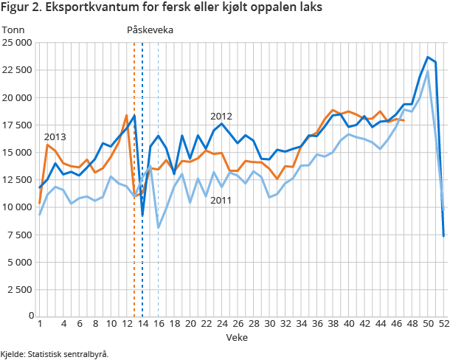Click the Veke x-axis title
[x=237, y=336]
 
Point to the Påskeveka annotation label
[x=150, y=30]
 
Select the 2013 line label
[x=55, y=136]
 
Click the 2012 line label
[x=221, y=116]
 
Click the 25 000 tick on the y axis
[x=17, y=43]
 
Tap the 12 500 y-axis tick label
[x=17, y=179]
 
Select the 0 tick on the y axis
[x=29, y=316]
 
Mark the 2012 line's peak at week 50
[x=428, y=57]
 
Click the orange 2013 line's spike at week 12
[x=127, y=115]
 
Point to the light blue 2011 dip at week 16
[x=159, y=227]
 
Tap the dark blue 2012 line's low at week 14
[x=142, y=215]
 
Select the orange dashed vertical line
[x=134, y=184]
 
